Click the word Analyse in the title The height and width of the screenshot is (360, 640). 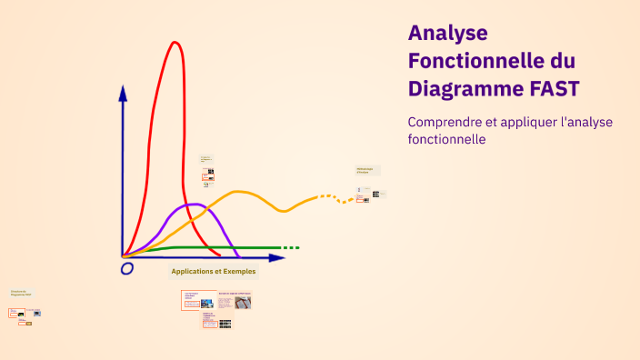click(x=448, y=34)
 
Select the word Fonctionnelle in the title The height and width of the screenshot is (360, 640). click(x=473, y=62)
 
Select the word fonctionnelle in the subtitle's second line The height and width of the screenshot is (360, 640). click(x=447, y=140)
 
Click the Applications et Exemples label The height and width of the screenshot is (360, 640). click(x=214, y=271)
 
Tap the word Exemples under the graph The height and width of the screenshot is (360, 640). click(x=238, y=271)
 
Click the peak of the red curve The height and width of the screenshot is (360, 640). click(x=174, y=43)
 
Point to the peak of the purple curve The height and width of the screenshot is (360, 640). click(x=193, y=205)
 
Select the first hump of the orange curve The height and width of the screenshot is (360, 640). click(x=239, y=192)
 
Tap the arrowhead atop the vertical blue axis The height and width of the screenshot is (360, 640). click(x=123, y=92)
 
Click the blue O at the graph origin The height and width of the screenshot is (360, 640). click(x=127, y=268)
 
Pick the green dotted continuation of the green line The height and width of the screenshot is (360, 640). click(x=290, y=247)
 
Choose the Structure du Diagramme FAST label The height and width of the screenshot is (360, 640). click(x=20, y=293)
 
